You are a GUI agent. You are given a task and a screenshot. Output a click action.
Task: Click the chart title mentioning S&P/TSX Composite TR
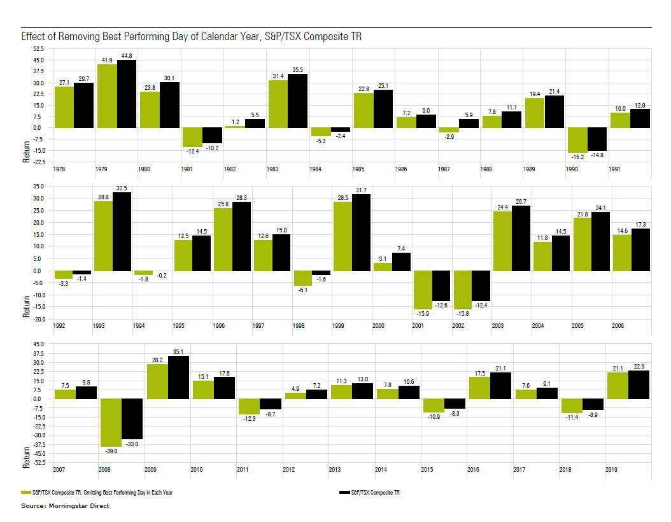coord(192,36)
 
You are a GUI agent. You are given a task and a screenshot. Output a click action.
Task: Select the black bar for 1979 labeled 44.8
coord(127,94)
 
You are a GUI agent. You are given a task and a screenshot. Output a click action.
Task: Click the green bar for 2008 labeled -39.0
coord(111,422)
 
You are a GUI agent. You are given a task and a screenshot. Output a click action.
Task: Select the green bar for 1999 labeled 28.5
coord(343,236)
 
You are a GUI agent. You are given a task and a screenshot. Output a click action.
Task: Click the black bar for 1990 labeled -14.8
coord(597,138)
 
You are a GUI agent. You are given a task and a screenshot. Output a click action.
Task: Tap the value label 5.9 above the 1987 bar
coord(469,115)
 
